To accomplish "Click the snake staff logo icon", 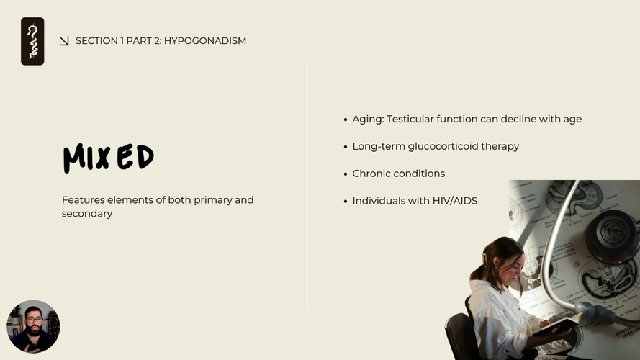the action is (32, 41).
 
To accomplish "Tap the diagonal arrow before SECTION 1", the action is (63, 41).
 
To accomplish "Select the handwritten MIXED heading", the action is (109, 158).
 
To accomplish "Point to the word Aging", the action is (368, 120).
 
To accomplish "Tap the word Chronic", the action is (370, 174).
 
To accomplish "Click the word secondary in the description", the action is (87, 214).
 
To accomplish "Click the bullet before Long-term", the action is (346, 147).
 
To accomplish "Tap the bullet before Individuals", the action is (346, 202).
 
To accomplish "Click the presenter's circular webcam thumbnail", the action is (33, 327).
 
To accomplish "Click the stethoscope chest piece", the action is (611, 235).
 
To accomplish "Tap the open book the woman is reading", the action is (557, 325).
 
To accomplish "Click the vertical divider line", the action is (305, 190).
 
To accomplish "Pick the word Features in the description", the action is (84, 200).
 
